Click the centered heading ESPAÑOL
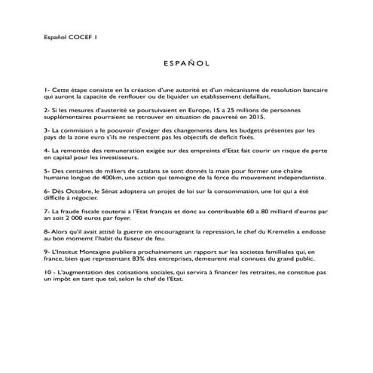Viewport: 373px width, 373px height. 186,66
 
